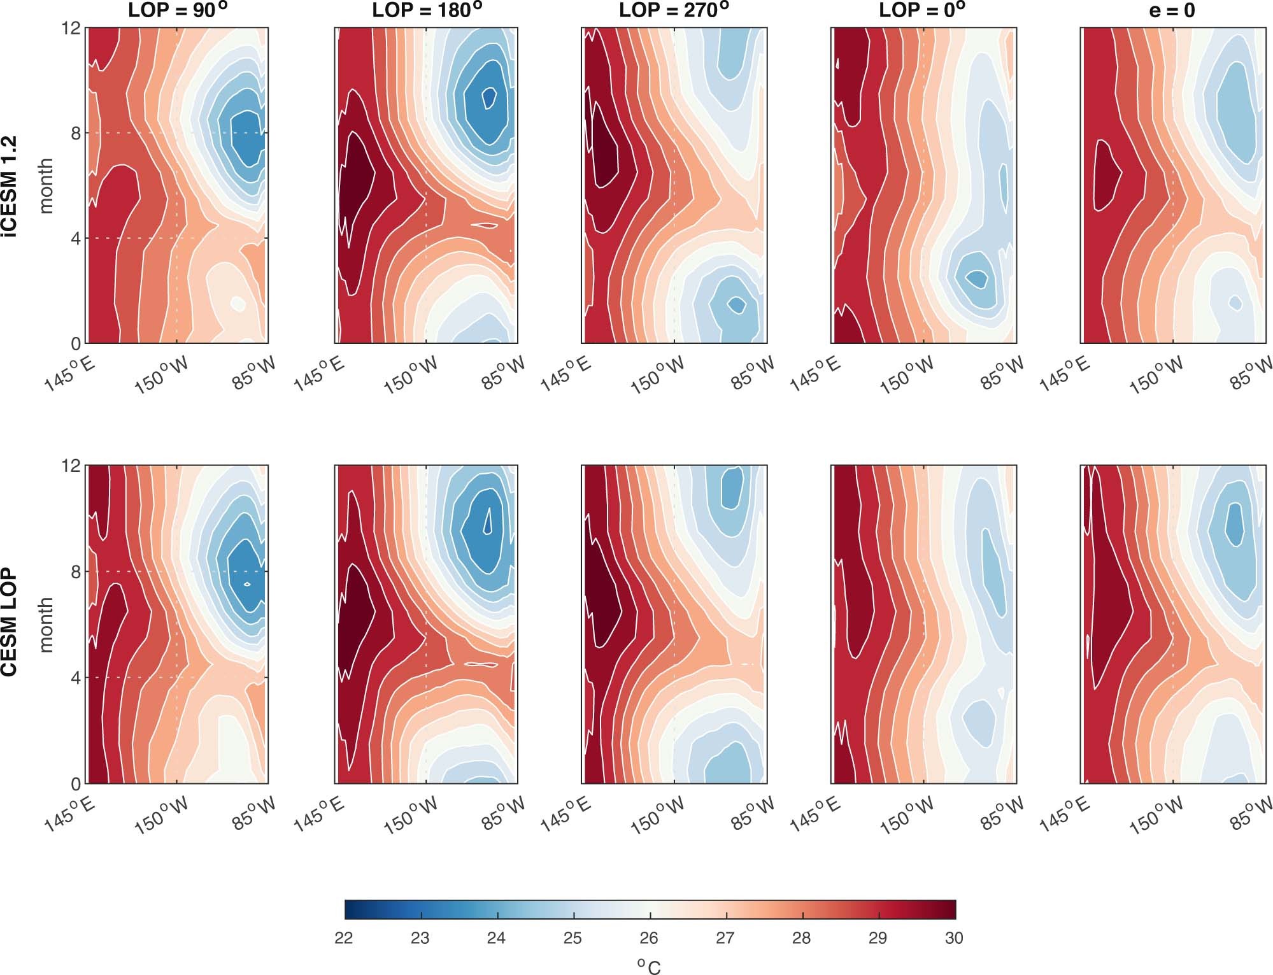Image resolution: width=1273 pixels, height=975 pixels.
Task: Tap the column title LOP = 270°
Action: coord(674,10)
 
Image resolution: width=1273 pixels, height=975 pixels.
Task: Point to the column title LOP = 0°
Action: coord(921,10)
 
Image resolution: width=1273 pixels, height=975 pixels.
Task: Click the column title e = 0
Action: coord(1172,10)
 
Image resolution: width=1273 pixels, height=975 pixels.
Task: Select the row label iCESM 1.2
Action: coord(10,186)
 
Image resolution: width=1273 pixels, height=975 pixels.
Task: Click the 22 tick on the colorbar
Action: coord(344,938)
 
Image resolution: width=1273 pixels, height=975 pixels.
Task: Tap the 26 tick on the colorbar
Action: coord(649,938)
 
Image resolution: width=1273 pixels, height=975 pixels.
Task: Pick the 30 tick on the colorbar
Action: coord(954,938)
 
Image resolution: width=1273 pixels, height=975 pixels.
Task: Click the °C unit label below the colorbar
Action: coord(649,965)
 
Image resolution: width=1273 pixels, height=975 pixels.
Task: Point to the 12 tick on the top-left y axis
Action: coord(72,29)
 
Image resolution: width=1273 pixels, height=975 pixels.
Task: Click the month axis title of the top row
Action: coord(46,186)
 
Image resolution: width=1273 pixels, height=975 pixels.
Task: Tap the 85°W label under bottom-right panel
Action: coord(1251,813)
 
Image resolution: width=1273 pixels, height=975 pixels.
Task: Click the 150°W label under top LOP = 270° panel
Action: coord(658,376)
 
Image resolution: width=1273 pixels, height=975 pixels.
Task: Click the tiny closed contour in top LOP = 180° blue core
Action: coord(489,97)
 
